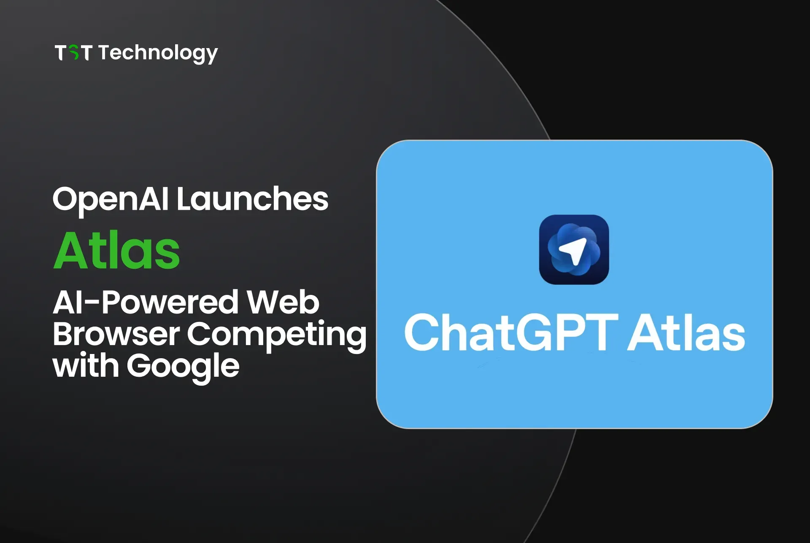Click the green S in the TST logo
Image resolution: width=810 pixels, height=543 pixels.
[x=74, y=53]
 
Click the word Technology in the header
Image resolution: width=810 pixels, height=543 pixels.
[x=158, y=54]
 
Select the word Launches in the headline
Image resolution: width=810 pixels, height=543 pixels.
[x=252, y=199]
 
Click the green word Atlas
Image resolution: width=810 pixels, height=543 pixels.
[x=117, y=251]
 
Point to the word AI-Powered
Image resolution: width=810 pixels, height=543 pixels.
[x=146, y=303]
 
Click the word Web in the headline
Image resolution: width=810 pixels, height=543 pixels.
[x=283, y=303]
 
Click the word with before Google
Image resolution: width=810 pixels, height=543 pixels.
[x=86, y=366]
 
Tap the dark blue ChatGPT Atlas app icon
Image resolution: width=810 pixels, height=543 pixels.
[x=574, y=250]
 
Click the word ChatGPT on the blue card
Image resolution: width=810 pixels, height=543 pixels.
[x=511, y=333]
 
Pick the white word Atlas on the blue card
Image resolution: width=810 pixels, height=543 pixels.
[x=686, y=333]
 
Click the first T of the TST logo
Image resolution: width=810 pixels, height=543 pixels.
[x=61, y=53]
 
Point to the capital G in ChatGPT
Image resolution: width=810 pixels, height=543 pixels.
[x=536, y=333]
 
